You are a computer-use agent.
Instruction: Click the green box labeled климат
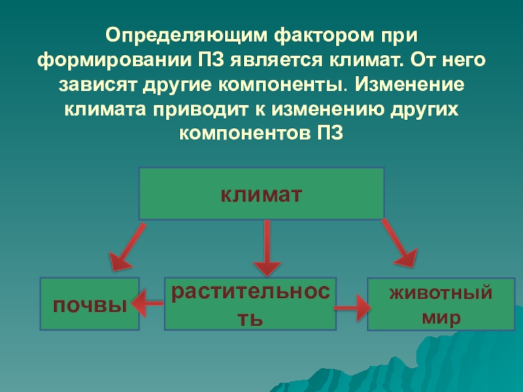261,193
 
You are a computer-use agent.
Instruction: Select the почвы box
90,304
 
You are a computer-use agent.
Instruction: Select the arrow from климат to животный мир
399,243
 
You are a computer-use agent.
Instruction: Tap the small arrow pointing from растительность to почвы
146,302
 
